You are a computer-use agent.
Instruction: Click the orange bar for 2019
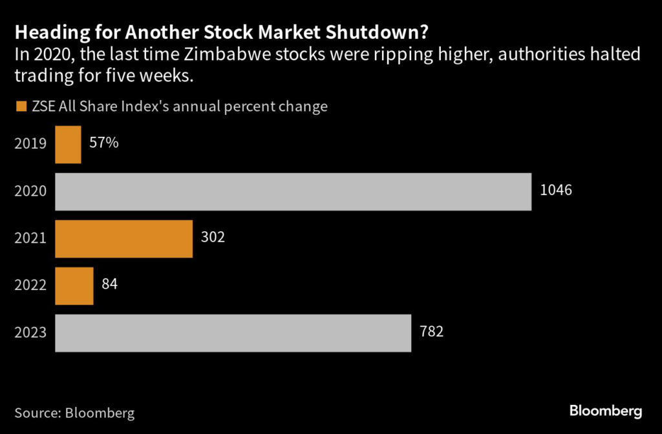68,144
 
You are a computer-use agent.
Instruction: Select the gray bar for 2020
293,191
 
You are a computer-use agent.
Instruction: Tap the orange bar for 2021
123,238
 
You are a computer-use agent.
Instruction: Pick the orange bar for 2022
74,285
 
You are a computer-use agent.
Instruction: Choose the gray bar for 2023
233,333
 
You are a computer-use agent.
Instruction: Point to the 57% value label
103,143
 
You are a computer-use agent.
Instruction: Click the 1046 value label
557,191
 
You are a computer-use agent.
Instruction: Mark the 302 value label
213,238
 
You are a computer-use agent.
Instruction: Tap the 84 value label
109,285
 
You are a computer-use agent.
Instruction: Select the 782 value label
431,332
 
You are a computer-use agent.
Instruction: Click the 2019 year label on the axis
30,144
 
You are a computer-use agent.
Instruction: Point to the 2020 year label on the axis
30,191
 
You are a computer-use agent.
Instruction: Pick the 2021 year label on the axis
30,238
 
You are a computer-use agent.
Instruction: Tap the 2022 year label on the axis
30,285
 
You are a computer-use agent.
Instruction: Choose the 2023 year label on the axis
30,333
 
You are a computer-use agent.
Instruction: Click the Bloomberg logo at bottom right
605,410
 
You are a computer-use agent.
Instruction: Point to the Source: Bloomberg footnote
74,412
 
